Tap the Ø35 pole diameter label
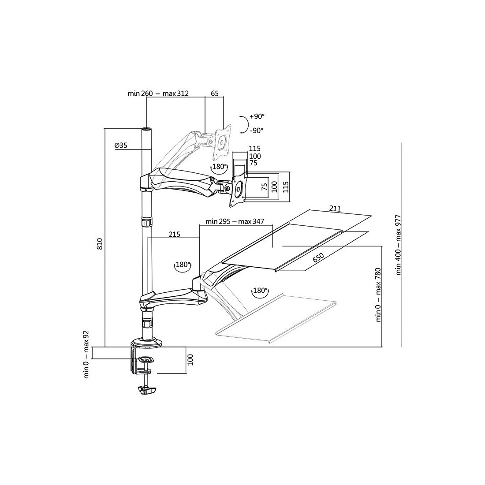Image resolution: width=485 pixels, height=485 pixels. (x=121, y=145)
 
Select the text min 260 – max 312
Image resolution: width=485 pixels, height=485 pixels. (x=158, y=93)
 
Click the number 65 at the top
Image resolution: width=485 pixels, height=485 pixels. (x=215, y=93)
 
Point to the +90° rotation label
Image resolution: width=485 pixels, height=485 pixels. (x=257, y=116)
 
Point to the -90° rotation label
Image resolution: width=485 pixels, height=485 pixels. (x=257, y=130)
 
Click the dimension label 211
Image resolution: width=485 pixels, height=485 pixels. (x=335, y=209)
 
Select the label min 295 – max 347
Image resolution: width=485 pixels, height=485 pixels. (x=235, y=221)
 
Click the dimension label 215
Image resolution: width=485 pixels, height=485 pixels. (x=175, y=234)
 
